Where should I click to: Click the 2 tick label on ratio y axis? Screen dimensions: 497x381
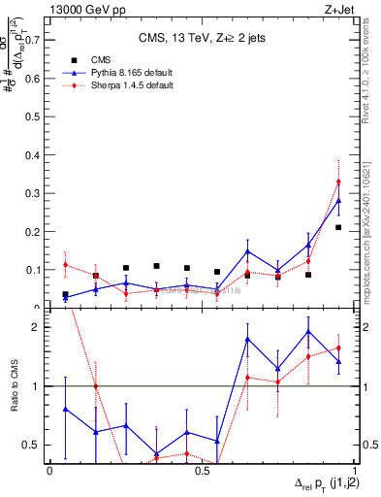[40, 327]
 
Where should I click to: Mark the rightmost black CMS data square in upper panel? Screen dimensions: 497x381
[338, 227]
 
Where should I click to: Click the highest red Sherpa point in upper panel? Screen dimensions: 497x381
[338, 182]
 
